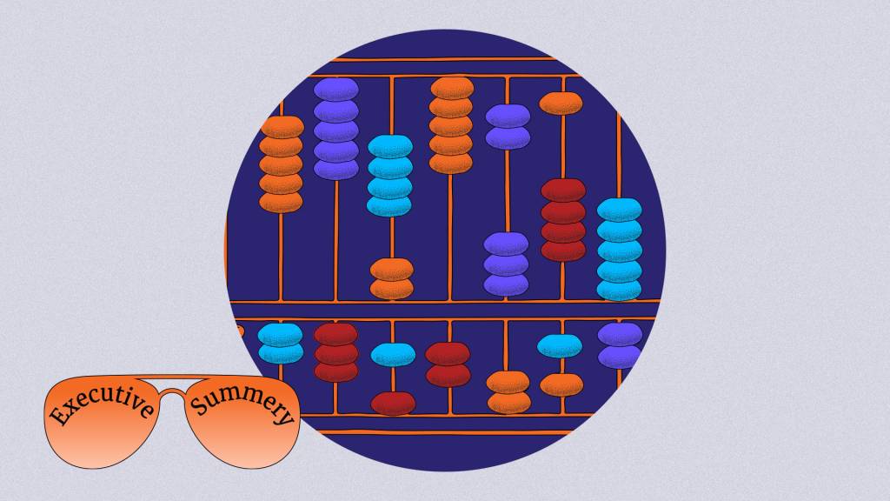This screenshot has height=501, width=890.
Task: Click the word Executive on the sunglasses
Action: coord(101,404)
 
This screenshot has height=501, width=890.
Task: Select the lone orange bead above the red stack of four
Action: coord(561,104)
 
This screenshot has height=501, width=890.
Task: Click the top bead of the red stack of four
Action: coord(563,190)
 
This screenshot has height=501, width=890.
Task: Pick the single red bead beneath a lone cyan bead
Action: coord(393,404)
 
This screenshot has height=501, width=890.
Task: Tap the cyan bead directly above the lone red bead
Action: coord(393,355)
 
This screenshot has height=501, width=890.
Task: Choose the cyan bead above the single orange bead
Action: coord(560,346)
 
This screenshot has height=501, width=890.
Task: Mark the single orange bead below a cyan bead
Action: coord(561,384)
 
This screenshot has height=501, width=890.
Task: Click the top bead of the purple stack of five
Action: coord(336,90)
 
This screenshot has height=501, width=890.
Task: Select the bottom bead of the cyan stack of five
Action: coord(619,290)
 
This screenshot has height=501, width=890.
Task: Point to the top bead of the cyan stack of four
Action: coord(390,146)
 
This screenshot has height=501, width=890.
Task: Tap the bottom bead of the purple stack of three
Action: coord(506,284)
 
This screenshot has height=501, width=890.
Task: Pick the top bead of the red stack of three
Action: coord(336,334)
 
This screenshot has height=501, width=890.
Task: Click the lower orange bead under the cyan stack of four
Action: coord(392,289)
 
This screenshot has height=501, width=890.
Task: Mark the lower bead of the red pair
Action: coord(448,375)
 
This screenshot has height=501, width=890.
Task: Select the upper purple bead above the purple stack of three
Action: coord(508,116)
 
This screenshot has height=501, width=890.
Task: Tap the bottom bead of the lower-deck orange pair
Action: coord(509,402)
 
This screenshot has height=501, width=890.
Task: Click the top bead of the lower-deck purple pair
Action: coord(620,335)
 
